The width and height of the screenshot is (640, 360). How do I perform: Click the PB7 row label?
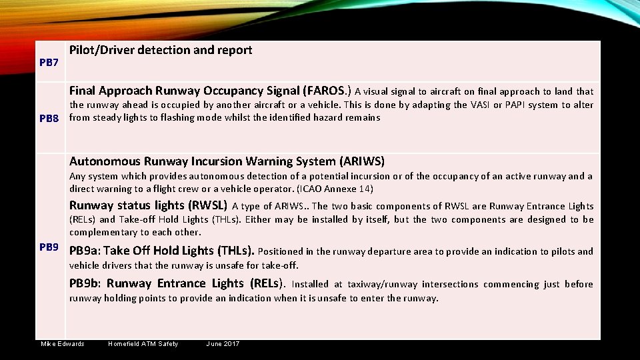coord(49,63)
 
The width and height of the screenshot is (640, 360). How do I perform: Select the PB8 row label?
coord(49,119)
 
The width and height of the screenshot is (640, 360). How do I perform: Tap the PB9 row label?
coord(49,247)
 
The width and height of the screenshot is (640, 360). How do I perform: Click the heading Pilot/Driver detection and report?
coord(161,50)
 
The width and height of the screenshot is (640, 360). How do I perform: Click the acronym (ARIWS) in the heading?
coord(362,161)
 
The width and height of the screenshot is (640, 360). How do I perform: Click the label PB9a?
coord(85,251)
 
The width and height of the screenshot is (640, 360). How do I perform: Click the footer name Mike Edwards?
coord(63,344)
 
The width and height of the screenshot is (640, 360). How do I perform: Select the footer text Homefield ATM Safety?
coord(143,344)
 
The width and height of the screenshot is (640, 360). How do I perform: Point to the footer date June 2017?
coord(223,344)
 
